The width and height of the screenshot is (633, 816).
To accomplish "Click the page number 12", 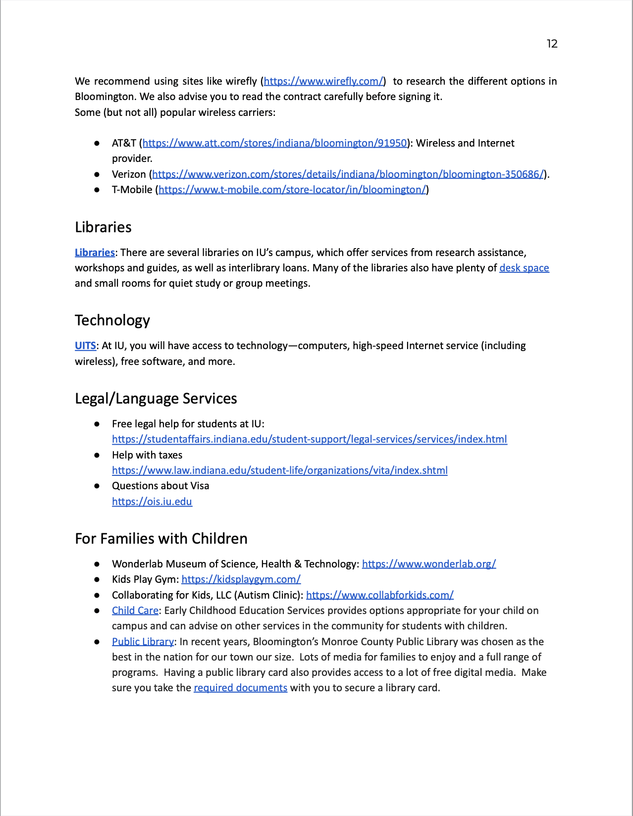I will pyautogui.click(x=552, y=44).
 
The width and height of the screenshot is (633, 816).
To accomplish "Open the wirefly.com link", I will pyautogui.click(x=323, y=81).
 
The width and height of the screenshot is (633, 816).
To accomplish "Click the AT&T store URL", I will pyautogui.click(x=274, y=143).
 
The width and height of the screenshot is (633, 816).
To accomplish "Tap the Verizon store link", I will pyautogui.click(x=348, y=174).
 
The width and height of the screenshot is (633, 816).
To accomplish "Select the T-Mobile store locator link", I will pyautogui.click(x=292, y=190).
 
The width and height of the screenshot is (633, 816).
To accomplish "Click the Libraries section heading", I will pyautogui.click(x=103, y=227).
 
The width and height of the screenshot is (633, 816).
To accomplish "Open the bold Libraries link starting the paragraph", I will pyautogui.click(x=95, y=253).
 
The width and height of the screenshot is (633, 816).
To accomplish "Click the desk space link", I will pyautogui.click(x=524, y=268).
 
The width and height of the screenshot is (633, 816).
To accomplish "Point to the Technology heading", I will pyautogui.click(x=112, y=320).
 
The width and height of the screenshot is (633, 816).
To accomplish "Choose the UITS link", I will pyautogui.click(x=85, y=346).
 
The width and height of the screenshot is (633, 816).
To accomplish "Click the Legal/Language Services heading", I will pyautogui.click(x=156, y=399).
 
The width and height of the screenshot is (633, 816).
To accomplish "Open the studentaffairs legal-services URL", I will pyautogui.click(x=309, y=439).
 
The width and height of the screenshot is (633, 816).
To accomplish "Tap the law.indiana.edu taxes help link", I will pyautogui.click(x=279, y=470).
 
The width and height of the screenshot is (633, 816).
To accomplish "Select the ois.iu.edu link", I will pyautogui.click(x=152, y=502).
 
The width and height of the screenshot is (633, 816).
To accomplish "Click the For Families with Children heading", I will pyautogui.click(x=161, y=539).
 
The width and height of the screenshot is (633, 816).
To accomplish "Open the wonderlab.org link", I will pyautogui.click(x=428, y=564).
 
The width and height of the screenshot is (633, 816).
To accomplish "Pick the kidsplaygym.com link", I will pyautogui.click(x=241, y=579).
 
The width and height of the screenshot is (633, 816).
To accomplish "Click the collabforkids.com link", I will pyautogui.click(x=379, y=595).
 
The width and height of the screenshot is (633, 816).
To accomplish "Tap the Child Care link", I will pyautogui.click(x=135, y=611).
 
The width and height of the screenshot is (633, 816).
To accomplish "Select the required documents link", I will pyautogui.click(x=240, y=688).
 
